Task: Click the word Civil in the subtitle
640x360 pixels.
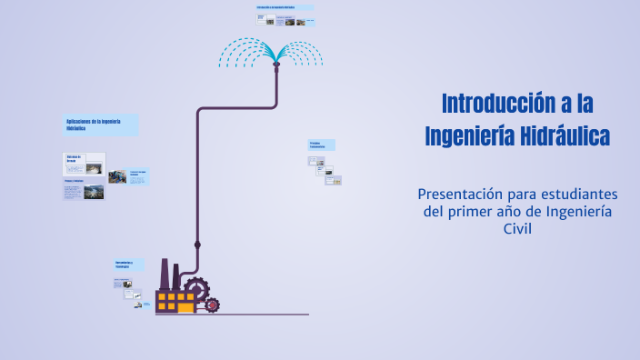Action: (x=517, y=229)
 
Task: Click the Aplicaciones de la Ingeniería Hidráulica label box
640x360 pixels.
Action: (x=101, y=125)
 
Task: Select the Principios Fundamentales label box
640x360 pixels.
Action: (x=322, y=145)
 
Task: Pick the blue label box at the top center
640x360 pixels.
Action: (x=285, y=8)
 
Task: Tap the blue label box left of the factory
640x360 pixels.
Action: (x=128, y=265)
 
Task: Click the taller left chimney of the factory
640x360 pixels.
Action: (x=165, y=274)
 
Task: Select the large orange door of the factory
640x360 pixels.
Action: (x=185, y=307)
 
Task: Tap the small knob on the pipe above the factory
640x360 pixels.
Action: (x=197, y=245)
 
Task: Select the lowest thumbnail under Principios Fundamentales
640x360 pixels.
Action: (x=335, y=180)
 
